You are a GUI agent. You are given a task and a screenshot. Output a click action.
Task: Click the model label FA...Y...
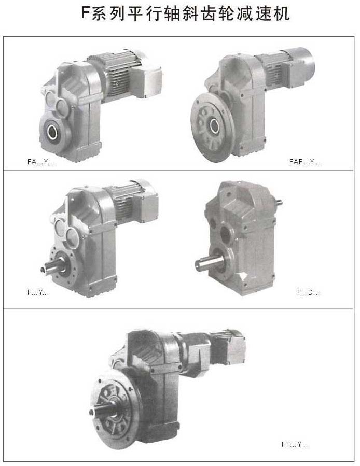(x=40, y=162)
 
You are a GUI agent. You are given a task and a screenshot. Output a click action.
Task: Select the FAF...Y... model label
(x=304, y=162)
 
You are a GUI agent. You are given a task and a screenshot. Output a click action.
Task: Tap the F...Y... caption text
(x=38, y=293)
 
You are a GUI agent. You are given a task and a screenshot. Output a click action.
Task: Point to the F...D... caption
(x=308, y=293)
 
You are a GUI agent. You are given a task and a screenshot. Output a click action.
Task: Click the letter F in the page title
(x=86, y=13)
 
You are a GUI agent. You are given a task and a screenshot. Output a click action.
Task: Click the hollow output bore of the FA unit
(x=53, y=131)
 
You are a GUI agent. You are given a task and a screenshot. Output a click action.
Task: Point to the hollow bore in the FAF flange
(x=215, y=126)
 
